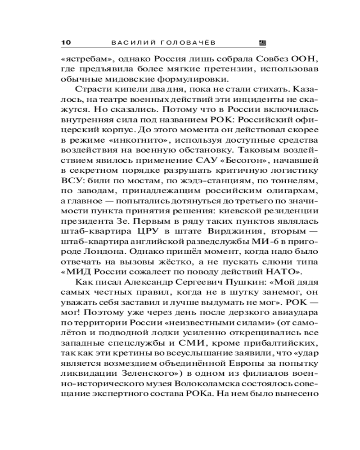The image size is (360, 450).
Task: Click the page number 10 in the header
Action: click(66, 43)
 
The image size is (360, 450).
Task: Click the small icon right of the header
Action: click(263, 43)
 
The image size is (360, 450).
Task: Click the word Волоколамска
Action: click(218, 383)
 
